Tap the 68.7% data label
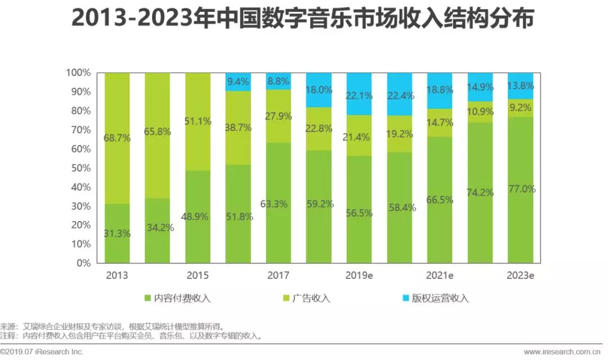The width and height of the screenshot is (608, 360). [x=117, y=138]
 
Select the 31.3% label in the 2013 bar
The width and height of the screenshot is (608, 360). [x=117, y=233]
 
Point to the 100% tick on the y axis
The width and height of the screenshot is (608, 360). [x=78, y=73]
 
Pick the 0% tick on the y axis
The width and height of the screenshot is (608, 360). [x=83, y=263]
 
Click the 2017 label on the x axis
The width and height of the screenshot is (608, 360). [x=278, y=276]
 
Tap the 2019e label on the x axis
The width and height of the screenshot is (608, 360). [x=359, y=276]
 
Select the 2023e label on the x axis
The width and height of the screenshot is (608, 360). [x=520, y=276]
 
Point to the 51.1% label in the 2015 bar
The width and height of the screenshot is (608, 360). [x=198, y=121]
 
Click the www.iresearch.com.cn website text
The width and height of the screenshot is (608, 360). [x=565, y=352]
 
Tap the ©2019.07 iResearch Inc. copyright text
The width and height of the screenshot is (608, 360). [x=42, y=352]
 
